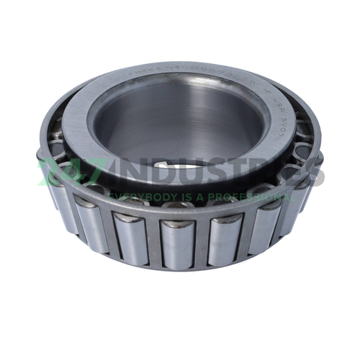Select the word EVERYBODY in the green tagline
pos(138,194)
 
